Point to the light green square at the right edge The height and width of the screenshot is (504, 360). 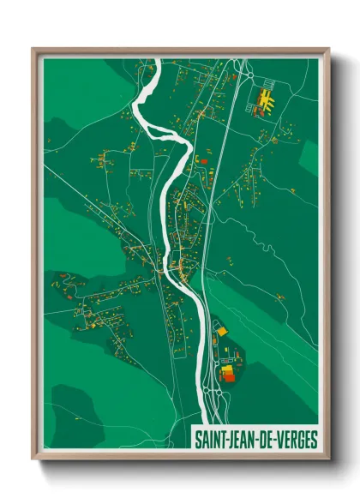click(x=309, y=157)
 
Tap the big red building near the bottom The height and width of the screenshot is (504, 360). click(x=227, y=375)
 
